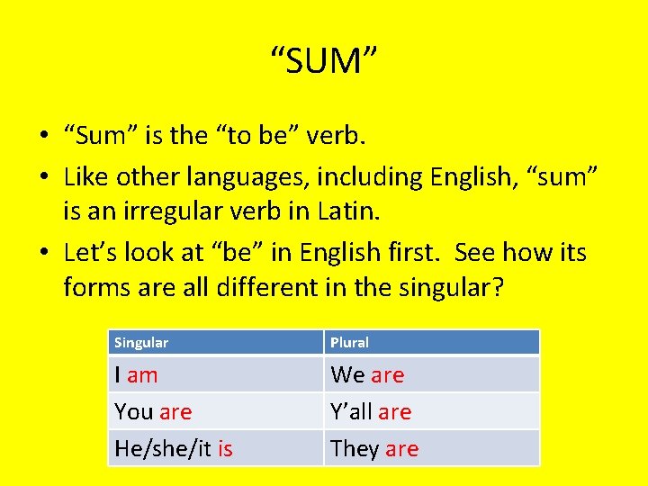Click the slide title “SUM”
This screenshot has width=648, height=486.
point(324,61)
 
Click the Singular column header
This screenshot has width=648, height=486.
point(141,342)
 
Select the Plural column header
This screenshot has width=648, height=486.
point(349,342)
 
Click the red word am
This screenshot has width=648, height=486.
point(142,374)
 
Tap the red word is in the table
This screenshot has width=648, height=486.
point(224,448)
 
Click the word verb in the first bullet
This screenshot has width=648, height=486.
point(337,137)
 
